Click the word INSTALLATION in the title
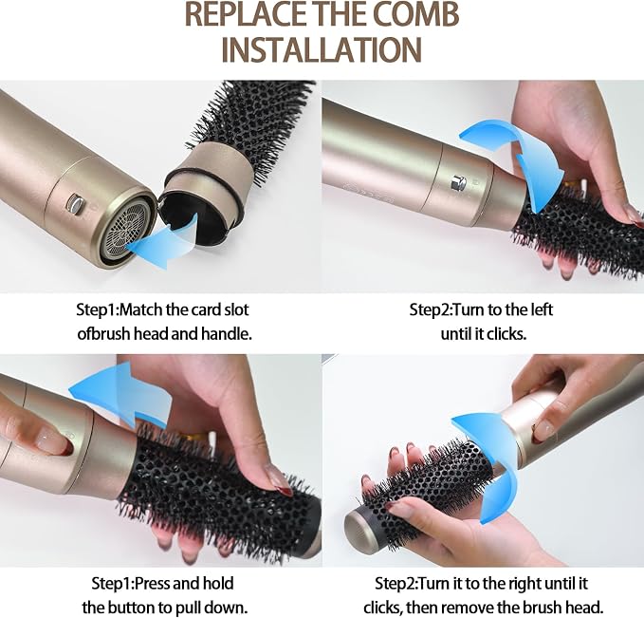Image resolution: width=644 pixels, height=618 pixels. (x=322, y=49)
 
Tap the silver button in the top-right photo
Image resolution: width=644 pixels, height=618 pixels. (x=458, y=182)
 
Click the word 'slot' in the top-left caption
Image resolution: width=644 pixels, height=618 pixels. (x=236, y=309)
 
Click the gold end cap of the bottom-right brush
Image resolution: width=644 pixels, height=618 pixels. (x=359, y=528)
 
